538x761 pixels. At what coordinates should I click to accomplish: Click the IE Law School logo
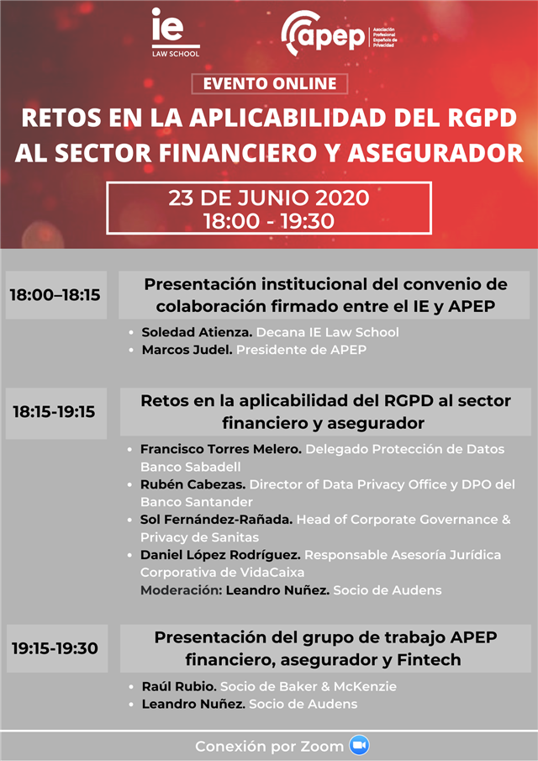[x=175, y=33]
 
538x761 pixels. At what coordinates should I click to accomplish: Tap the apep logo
[x=339, y=34]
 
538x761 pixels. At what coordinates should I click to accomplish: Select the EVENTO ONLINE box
[x=270, y=83]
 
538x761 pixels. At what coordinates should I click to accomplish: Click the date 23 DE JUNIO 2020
[x=269, y=198]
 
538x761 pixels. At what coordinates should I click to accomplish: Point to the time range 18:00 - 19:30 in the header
[x=269, y=221]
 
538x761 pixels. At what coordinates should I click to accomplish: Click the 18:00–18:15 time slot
[x=55, y=294]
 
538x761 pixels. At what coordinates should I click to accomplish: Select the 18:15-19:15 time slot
[x=55, y=412]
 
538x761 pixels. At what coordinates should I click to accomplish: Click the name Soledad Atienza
[x=197, y=332]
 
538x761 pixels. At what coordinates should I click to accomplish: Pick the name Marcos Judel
[x=187, y=350]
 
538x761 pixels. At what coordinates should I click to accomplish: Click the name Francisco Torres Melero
[x=221, y=449]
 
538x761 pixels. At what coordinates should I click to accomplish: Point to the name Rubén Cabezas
[x=193, y=484]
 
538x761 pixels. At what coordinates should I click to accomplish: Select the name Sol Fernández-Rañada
[x=216, y=520]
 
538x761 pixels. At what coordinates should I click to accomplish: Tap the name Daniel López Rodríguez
[x=220, y=555]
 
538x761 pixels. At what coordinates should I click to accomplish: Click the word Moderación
[x=181, y=590]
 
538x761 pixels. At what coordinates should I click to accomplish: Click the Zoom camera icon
[x=359, y=746]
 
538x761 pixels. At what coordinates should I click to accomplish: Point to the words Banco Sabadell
[x=191, y=467]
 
